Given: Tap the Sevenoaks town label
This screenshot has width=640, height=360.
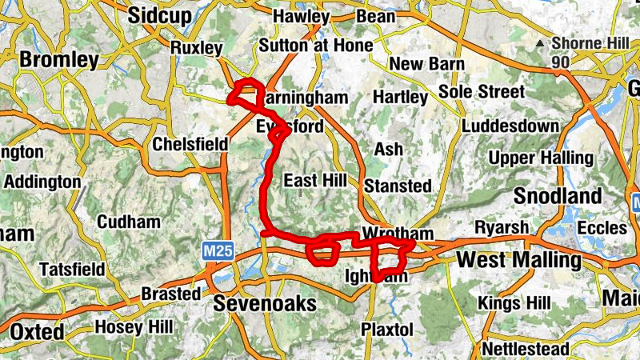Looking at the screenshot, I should click(266, 304).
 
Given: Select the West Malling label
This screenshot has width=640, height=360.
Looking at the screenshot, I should click(518, 260).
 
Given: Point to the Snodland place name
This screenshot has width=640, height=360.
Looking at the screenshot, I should click(558, 196).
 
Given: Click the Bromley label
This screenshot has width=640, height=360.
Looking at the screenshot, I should click(59, 60).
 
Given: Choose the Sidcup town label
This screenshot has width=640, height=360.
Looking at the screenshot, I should click(161, 14).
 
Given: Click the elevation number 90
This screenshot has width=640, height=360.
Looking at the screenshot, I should click(561, 62).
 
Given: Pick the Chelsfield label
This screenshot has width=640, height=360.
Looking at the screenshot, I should click(190, 145).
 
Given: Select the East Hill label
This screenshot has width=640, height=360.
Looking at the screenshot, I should click(314, 180).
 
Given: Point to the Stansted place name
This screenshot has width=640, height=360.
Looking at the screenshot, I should click(398, 186).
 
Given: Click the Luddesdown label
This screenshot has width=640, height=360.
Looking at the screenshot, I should click(510, 126).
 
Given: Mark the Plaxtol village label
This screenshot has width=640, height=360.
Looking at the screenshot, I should click(387, 329).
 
